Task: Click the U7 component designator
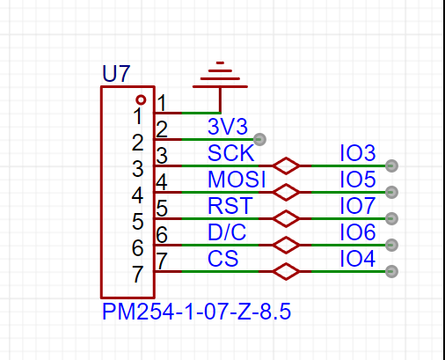116,74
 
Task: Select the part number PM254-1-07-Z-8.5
196,312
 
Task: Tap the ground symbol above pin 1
220,75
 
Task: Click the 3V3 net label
228,127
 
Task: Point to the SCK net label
230,153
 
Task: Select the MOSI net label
237,180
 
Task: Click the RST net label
230,206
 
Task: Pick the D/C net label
227,232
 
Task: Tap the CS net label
222,259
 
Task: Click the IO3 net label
358,153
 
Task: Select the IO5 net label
358,180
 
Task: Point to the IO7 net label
358,206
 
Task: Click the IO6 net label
358,232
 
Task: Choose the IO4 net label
358,259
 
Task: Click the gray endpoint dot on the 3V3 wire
259,139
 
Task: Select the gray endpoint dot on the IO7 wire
391,218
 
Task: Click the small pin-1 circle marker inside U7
141,100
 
